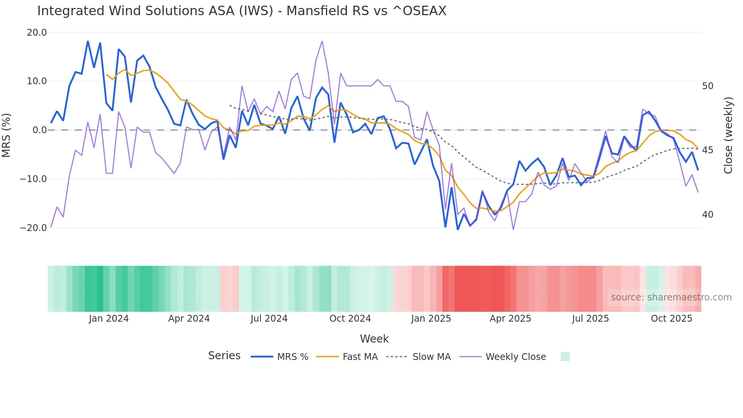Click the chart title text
(x=241, y=11)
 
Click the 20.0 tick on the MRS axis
(x=37, y=33)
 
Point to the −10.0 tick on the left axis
(x=33, y=179)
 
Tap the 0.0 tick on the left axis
(x=39, y=130)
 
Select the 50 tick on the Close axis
(x=707, y=86)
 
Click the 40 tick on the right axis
(x=707, y=215)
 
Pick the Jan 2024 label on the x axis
(x=109, y=319)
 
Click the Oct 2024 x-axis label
(x=350, y=319)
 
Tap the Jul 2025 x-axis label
(x=590, y=319)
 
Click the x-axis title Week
(x=374, y=339)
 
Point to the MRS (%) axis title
(x=6, y=135)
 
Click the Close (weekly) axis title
(x=728, y=135)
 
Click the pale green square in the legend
(x=565, y=357)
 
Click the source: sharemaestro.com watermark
(x=671, y=297)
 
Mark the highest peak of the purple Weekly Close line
(x=322, y=41)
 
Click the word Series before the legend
(x=224, y=356)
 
